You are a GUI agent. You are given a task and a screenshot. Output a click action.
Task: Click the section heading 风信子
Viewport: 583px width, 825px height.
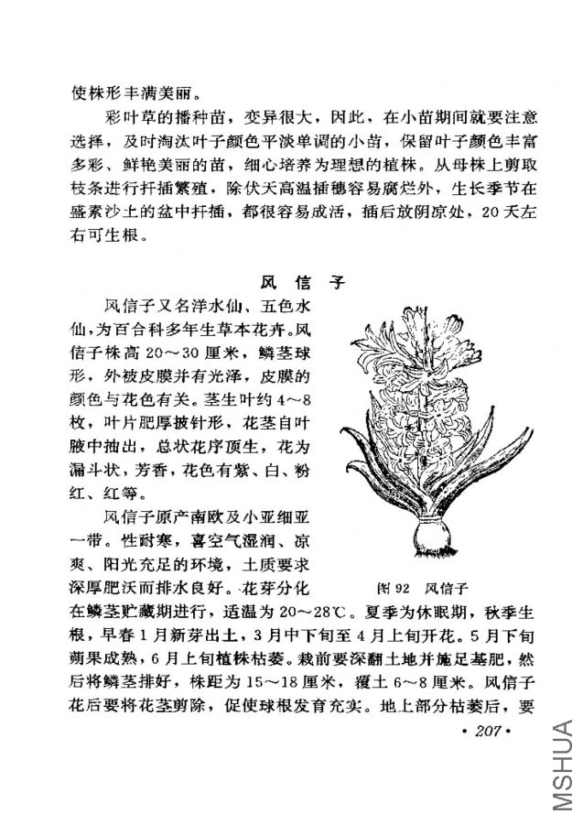tap(292, 281)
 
